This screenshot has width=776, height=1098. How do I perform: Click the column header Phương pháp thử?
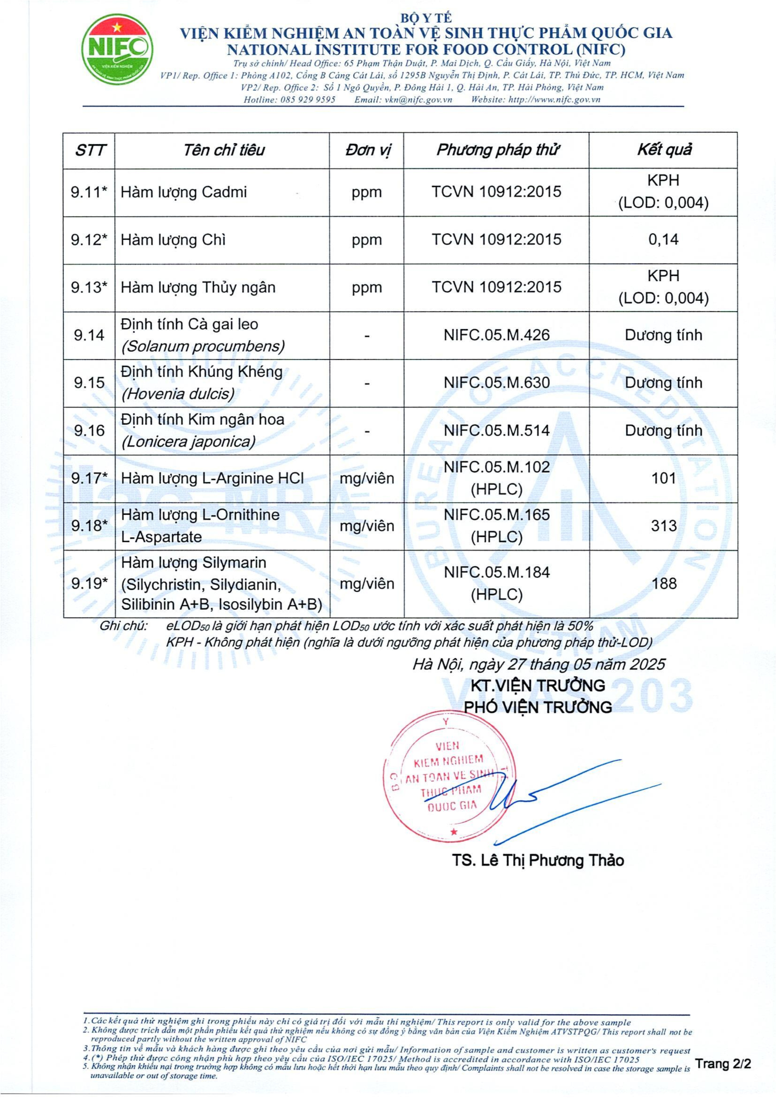pos(497,150)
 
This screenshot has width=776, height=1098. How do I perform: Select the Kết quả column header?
pos(664,150)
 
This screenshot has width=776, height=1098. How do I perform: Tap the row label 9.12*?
pos(89,240)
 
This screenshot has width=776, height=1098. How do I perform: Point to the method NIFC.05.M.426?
pos(497,335)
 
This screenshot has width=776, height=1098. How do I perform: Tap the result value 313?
pos(664,526)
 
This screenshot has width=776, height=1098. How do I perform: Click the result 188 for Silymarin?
pos(664,583)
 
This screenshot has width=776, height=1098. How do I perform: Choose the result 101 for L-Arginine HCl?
pos(664,478)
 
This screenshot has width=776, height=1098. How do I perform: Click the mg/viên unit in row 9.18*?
pos(367,526)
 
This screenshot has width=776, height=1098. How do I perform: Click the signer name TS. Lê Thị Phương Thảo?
pos(538,861)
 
